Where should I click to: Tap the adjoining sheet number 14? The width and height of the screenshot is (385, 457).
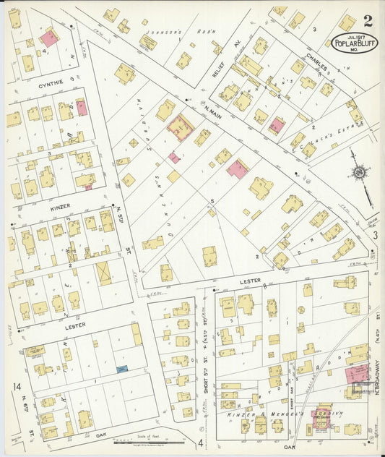(x=17, y=388)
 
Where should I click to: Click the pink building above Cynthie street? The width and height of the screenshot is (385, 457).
(x=49, y=38)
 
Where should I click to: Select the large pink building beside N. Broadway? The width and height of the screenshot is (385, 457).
(x=355, y=375)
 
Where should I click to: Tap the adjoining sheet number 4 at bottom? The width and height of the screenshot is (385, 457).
(x=200, y=442)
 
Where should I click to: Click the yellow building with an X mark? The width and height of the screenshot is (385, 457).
(x=105, y=273)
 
